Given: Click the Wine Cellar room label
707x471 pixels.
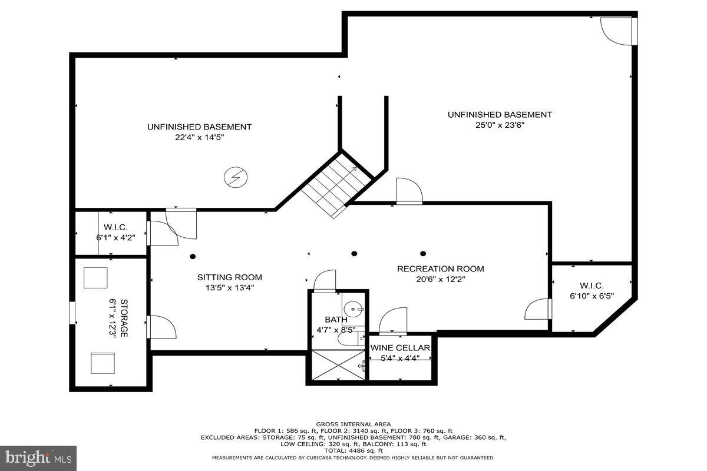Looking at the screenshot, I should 400,347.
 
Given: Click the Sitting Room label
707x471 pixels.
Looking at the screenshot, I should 229,277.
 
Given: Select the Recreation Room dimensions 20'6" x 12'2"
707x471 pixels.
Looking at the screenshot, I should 440,280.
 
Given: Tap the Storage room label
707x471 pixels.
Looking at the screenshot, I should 124,318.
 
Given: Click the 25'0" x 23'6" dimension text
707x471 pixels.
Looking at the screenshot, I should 499,125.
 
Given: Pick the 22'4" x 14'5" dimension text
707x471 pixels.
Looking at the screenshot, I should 199,137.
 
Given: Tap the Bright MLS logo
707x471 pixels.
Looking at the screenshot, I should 38,457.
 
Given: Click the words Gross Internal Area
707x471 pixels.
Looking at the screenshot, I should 353,424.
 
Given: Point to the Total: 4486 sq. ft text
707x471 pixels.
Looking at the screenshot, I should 353,450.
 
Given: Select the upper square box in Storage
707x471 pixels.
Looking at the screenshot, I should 95,277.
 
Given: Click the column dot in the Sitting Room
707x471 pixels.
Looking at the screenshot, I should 193,256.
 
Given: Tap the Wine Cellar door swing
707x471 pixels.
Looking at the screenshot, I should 394,321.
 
